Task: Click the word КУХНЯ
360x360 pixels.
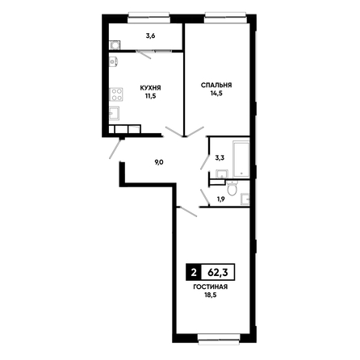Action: pos(150,88)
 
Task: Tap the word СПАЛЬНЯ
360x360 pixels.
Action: pos(216,85)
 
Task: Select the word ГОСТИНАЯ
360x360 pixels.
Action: pos(211,287)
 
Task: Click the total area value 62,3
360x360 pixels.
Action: pos(218,273)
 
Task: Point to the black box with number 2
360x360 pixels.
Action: pos(193,273)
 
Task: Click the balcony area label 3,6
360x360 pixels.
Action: pos(150,36)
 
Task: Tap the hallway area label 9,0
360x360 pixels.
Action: pos(159,162)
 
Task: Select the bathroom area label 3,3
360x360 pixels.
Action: pos(220,158)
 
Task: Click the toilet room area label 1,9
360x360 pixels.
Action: pos(220,199)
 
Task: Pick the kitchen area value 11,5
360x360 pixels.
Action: pos(151,96)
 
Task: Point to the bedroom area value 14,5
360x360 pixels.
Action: pos(216,94)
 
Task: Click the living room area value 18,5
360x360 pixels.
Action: pos(211,295)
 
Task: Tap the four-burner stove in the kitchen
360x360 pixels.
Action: pos(116,94)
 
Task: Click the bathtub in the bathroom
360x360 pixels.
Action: pos(241,159)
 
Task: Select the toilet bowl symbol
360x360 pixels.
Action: pos(232,188)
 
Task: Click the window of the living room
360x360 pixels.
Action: pos(220,339)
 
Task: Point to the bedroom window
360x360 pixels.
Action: pos(225,18)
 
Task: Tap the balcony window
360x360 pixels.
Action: pos(149,18)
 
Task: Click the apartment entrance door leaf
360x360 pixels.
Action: pos(115,149)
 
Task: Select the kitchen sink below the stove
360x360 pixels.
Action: pos(115,113)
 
